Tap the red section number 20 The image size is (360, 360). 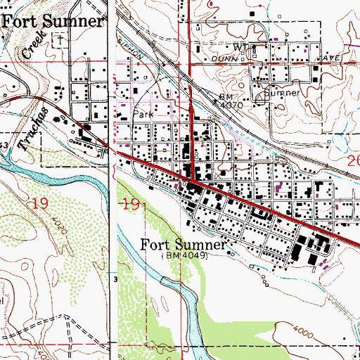pyautogui.click(x=353, y=163)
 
